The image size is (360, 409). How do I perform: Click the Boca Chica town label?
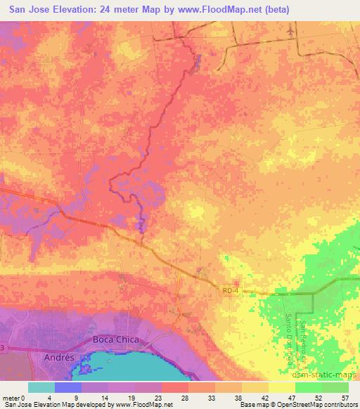[x=116, y=339]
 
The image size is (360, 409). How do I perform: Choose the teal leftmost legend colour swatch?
[x=41, y=387]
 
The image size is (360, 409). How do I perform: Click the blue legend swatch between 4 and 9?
[x=68, y=387]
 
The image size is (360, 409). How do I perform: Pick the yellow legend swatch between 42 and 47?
[x=282, y=387]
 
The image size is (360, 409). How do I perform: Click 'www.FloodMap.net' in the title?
[x=215, y=10]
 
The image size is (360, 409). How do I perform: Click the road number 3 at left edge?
[x=3, y=348]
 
